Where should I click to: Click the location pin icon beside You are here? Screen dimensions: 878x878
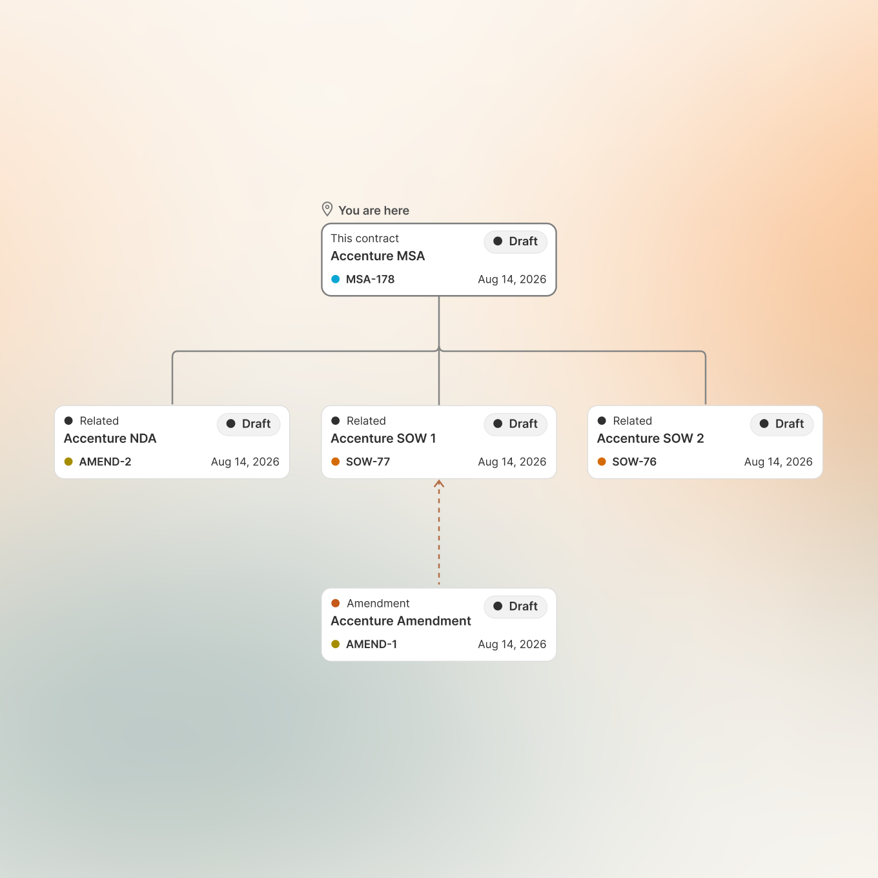point(327,209)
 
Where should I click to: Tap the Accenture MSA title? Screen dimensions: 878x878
point(378,256)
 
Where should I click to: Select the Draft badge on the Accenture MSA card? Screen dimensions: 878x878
point(515,241)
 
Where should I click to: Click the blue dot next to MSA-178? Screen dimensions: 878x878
point(335,280)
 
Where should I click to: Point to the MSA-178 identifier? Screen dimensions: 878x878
point(370,280)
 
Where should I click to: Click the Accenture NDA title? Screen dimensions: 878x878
point(110,438)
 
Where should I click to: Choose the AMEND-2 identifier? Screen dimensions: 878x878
point(105,462)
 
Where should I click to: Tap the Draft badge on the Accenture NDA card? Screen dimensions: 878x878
point(249,424)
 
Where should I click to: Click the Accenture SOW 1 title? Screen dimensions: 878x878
point(383,438)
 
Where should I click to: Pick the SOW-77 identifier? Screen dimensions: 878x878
point(368,462)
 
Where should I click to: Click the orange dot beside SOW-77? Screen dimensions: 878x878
point(335,462)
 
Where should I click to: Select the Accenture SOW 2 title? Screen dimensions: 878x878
point(650,438)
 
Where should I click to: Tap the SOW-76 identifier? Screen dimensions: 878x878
point(634,462)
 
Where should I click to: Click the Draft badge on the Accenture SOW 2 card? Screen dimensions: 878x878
point(781,424)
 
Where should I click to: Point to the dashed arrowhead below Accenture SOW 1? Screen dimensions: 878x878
point(439,484)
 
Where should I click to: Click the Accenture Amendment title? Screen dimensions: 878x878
point(401,621)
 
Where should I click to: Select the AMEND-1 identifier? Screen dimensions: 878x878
point(371,644)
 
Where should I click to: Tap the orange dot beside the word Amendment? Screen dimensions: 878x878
point(335,603)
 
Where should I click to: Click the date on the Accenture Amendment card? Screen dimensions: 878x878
point(512,644)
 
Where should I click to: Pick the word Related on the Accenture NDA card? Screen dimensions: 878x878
point(99,420)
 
